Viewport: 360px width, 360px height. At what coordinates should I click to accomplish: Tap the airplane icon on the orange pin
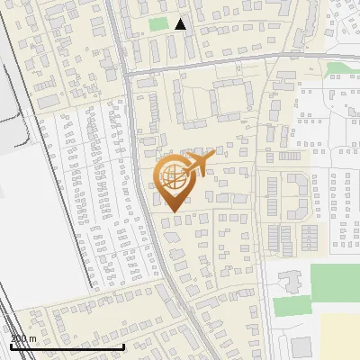(199, 163)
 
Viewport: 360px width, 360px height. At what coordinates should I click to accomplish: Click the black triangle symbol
(181, 24)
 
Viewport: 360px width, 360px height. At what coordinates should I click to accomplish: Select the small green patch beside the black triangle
(158, 24)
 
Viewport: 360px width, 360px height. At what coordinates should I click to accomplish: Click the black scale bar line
(67, 346)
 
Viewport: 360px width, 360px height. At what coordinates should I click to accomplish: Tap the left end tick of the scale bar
(11, 346)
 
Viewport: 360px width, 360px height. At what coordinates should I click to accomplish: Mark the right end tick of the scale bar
(123, 346)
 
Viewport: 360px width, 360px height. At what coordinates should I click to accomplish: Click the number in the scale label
(18, 339)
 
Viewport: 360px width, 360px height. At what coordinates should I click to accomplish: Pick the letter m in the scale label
(32, 339)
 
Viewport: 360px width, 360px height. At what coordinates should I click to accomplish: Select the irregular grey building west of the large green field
(291, 279)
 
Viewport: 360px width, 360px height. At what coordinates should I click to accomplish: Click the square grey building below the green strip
(301, 346)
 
